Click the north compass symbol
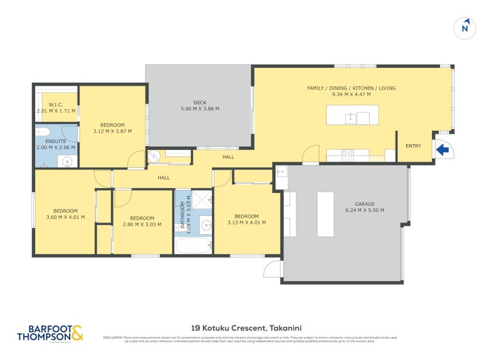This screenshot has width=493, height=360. pyautogui.click(x=465, y=28)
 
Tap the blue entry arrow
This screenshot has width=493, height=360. pyautogui.click(x=441, y=149)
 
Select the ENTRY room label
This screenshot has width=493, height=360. pyautogui.click(x=413, y=146)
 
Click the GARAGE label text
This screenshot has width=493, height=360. pyautogui.click(x=365, y=204)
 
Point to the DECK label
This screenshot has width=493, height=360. pyautogui.click(x=198, y=102)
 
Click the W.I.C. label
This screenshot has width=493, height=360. pyautogui.click(x=55, y=105)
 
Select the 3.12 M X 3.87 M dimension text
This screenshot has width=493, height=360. pyautogui.click(x=113, y=131)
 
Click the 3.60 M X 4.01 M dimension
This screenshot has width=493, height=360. pyautogui.click(x=65, y=216)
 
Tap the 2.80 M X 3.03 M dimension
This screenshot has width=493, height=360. pyautogui.click(x=142, y=224)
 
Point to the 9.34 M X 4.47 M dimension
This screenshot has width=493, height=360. pyautogui.click(x=351, y=95)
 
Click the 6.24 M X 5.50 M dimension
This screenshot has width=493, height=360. pyautogui.click(x=365, y=210)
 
